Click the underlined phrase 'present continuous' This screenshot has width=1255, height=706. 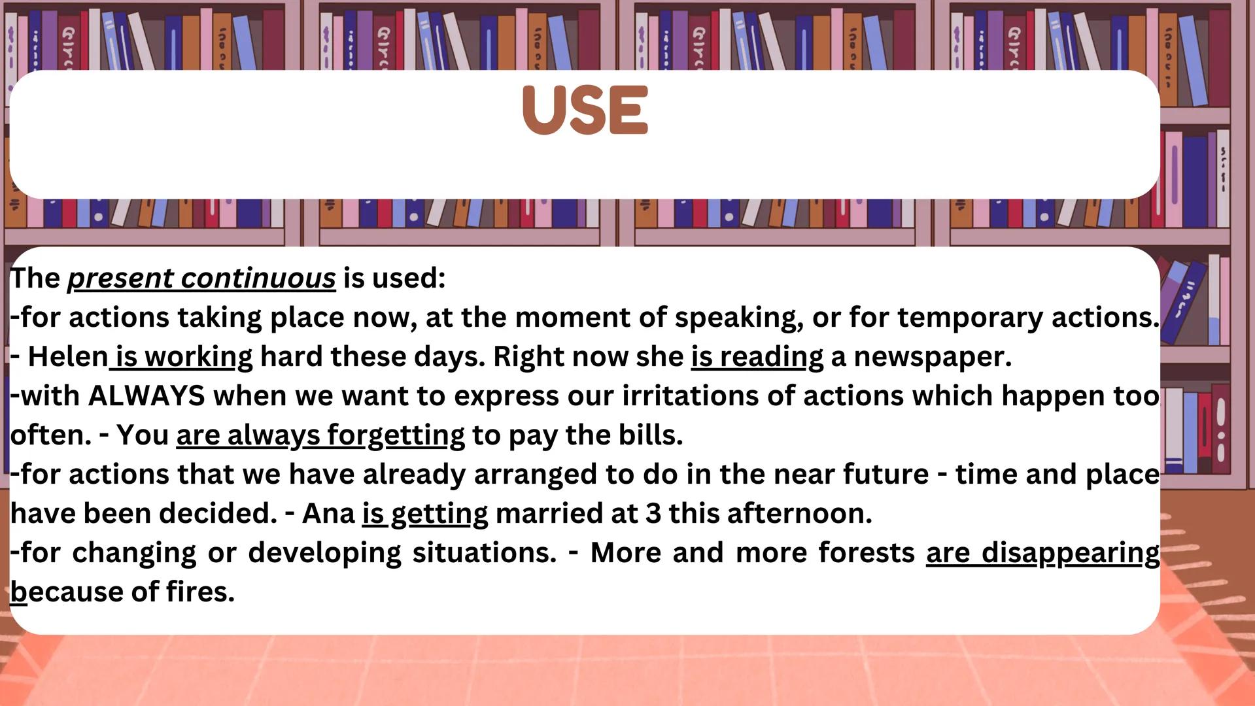coord(201,278)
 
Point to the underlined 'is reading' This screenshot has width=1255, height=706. coord(757,357)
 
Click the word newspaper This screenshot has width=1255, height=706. coord(932,357)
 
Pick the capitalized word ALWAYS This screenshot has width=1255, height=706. coord(146,396)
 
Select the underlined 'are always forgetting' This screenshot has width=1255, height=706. coord(320,435)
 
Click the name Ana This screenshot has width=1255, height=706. coord(328,514)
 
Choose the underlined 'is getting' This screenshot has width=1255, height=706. coord(425,514)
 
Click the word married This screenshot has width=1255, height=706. coord(549,514)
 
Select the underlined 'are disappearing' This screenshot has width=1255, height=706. coord(1042,553)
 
